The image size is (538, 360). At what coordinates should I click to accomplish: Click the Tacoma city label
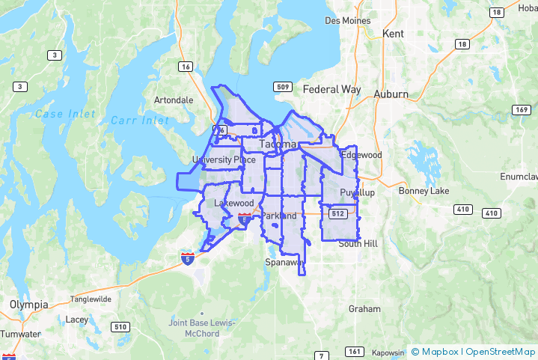[278, 144]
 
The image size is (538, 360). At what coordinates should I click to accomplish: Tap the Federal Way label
[331, 90]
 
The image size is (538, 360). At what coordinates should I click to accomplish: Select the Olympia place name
[29, 305]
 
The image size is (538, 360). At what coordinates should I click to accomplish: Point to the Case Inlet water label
[65, 115]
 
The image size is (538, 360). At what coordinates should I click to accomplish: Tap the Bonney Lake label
[424, 191]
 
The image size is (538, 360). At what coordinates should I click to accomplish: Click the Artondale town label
[173, 100]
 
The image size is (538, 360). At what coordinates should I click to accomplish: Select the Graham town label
[364, 308]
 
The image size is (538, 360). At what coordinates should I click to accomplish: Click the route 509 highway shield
[282, 87]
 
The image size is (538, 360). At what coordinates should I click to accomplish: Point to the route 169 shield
[521, 110]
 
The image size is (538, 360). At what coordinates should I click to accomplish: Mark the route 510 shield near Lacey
[119, 326]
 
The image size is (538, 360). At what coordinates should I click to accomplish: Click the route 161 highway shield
[355, 352]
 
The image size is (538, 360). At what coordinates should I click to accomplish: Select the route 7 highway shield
[320, 355]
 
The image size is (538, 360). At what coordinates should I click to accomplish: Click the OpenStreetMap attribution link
[499, 351]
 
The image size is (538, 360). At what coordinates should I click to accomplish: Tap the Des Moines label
[348, 20]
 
